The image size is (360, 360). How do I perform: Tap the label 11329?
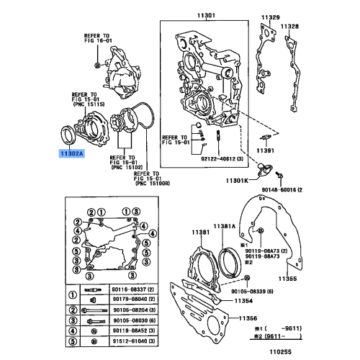[269, 14]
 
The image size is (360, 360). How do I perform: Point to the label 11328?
[289, 26]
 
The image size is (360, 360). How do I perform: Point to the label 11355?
[288, 277]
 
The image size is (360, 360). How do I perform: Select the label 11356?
[248, 318]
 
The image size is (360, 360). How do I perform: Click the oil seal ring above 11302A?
[67, 135]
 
